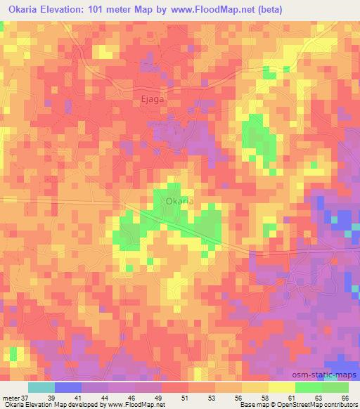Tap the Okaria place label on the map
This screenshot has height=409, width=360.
click(x=179, y=201)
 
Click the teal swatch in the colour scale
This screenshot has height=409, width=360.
click(x=41, y=388)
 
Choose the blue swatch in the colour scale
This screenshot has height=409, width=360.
click(x=68, y=388)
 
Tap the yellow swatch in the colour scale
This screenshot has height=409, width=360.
click(x=282, y=388)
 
